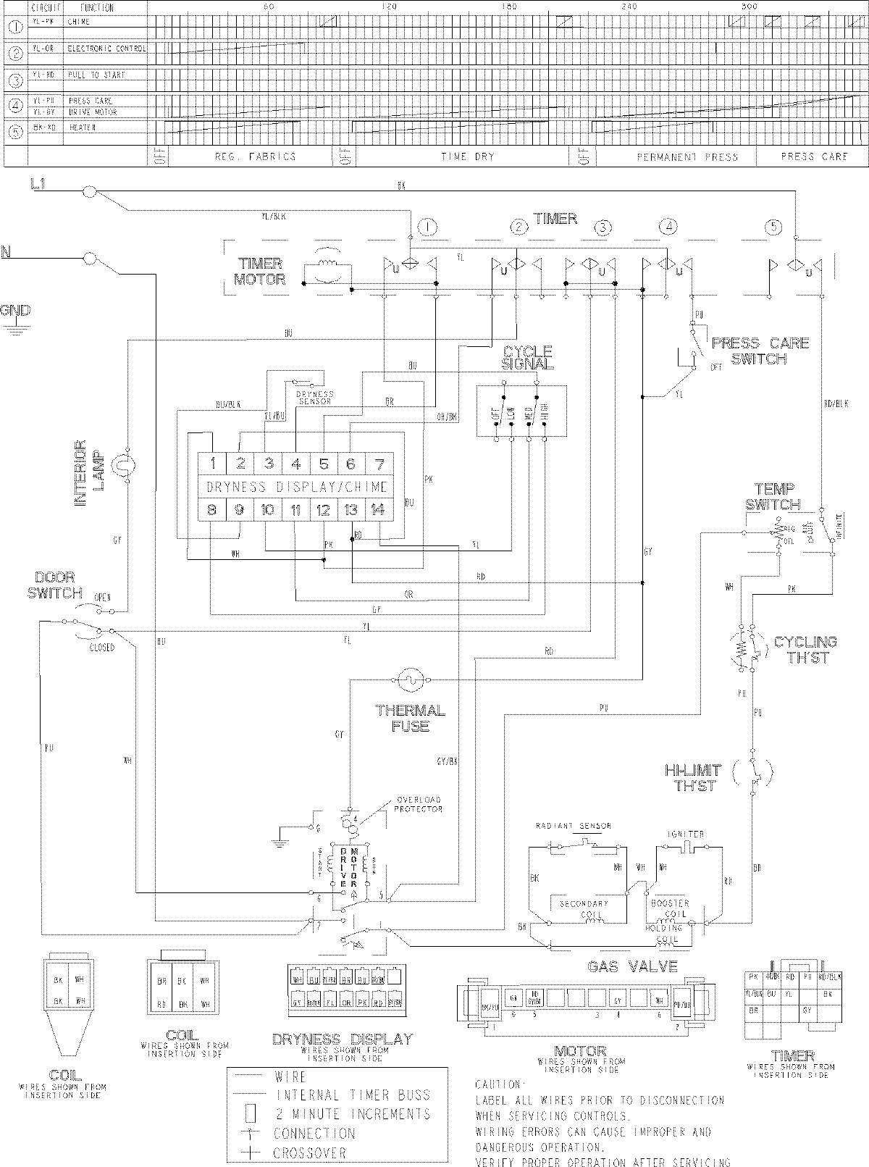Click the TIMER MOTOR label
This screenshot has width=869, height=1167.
pos(260,272)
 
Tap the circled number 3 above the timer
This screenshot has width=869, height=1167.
pos(603,228)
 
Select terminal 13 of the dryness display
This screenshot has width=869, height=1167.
pos(351,510)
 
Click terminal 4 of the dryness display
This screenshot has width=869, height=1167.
pos(296,464)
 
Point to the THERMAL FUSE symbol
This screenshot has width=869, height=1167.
pos(409,680)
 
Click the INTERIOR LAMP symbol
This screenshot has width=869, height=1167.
pos(127,467)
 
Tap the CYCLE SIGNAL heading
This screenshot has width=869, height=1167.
pos(527,358)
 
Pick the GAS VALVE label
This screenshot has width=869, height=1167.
pos(632,966)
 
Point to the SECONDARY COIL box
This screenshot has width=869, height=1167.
pos(584,908)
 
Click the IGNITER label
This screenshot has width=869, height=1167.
pos(685,835)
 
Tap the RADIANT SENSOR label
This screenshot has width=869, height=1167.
pos(573,826)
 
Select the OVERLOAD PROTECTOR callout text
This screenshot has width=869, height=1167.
pos(419,805)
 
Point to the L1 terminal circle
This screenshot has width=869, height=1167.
pos(89,191)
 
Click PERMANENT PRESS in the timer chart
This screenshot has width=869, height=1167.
pos(687,156)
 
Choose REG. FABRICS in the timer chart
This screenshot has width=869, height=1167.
pos(255,156)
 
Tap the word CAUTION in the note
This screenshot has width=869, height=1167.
pos(498,1084)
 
